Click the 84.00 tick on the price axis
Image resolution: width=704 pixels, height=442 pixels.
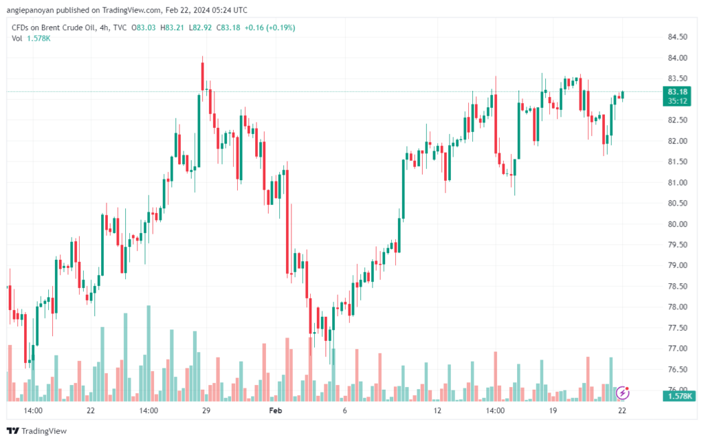click(677, 58)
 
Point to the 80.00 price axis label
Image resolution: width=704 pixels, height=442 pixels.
click(677, 224)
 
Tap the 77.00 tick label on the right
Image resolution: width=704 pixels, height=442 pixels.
click(677, 349)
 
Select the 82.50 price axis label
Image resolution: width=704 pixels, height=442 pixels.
click(677, 120)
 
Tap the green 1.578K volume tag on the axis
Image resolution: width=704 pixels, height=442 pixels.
click(679, 396)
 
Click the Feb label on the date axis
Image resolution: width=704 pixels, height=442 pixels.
click(275, 410)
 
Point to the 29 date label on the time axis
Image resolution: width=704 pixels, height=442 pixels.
click(206, 410)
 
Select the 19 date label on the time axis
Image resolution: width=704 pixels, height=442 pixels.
click(553, 410)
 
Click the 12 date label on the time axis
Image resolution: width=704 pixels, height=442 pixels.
click(437, 410)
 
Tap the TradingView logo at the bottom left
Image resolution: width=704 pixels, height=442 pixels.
click(37, 431)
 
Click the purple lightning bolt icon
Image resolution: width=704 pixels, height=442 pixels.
click(622, 393)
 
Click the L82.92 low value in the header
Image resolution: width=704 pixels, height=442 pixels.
click(200, 27)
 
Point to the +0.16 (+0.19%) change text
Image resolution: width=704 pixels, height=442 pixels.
click(269, 27)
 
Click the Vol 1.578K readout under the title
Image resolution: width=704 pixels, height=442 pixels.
click(31, 38)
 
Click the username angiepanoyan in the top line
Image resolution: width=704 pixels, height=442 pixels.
click(30, 10)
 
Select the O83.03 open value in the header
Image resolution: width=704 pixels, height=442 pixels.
click(143, 27)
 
